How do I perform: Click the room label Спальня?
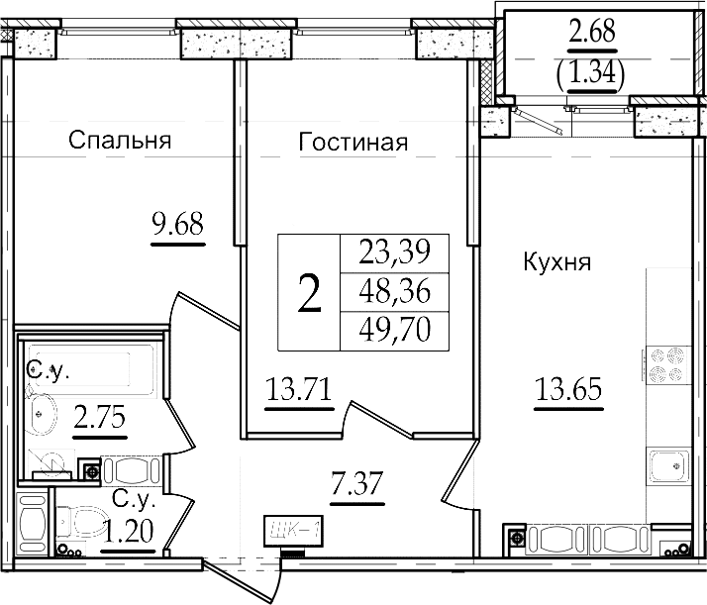120,141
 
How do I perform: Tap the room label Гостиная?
353,142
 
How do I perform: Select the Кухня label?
557,262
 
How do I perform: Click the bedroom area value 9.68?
178,224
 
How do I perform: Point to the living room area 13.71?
299,389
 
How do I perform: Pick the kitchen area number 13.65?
568,389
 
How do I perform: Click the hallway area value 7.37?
357,483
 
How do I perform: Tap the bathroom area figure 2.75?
100,417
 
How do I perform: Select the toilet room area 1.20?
128,531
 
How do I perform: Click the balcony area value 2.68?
592,31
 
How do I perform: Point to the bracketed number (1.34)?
591,72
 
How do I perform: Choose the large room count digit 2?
309,293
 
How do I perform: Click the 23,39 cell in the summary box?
395,252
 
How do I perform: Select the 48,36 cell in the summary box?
395,291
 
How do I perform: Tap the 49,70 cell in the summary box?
395,330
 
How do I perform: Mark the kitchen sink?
668,466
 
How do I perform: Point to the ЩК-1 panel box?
293,532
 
